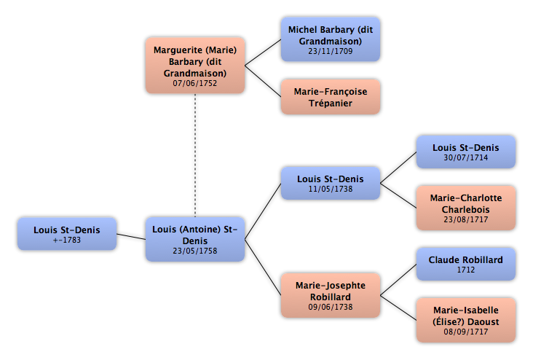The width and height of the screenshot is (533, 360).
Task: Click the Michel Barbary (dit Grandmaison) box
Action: [331, 39]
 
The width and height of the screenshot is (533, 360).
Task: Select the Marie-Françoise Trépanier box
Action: [331, 97]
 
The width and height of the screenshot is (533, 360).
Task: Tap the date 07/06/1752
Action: [194, 83]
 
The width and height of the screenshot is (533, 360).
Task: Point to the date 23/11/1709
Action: [331, 52]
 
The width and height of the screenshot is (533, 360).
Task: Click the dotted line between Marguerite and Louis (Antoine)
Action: [195, 155]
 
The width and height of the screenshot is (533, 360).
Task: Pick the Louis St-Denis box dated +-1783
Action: [67, 234]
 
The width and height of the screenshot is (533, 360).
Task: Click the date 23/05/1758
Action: [194, 251]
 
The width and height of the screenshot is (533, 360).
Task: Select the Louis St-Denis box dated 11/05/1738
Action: [331, 183]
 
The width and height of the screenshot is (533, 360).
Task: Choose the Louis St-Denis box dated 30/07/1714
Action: [466, 152]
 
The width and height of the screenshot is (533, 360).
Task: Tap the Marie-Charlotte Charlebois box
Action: [466, 208]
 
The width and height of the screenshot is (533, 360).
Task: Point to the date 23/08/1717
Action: [466, 220]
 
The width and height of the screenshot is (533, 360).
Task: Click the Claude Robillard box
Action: [466, 264]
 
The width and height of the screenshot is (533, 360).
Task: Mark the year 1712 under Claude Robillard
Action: [466, 270]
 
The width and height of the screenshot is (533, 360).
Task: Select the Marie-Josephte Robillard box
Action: [331, 295]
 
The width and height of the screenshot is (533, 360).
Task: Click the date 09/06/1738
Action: [331, 308]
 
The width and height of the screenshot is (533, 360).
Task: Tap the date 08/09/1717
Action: [466, 332]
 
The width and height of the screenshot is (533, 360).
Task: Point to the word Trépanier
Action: [331, 103]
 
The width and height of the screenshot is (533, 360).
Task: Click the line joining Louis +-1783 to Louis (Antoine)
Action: [131, 237]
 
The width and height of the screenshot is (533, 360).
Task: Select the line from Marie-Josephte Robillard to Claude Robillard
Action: [398, 280]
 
